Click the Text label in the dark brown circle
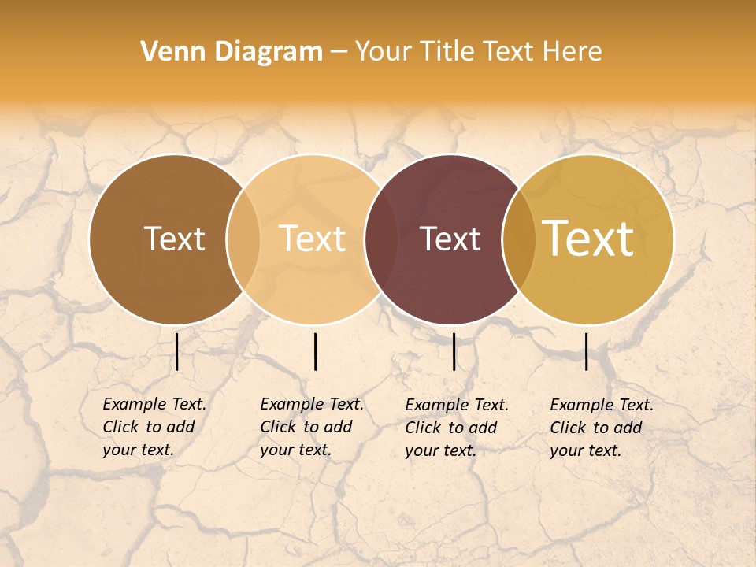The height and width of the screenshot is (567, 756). click(x=174, y=239)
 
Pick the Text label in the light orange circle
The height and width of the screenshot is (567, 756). click(x=313, y=239)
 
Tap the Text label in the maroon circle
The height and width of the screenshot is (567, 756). click(x=450, y=239)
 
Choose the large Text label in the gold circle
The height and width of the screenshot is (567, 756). click(x=588, y=239)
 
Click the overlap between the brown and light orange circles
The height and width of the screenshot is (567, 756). click(x=243, y=239)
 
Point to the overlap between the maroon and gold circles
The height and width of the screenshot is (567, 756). click(x=519, y=239)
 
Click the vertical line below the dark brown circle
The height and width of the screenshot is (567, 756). click(x=177, y=351)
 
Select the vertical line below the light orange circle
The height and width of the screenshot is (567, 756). click(x=315, y=351)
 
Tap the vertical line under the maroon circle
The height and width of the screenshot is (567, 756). click(x=454, y=351)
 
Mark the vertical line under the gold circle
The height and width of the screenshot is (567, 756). click(x=587, y=351)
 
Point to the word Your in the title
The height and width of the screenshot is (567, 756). click(x=381, y=52)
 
